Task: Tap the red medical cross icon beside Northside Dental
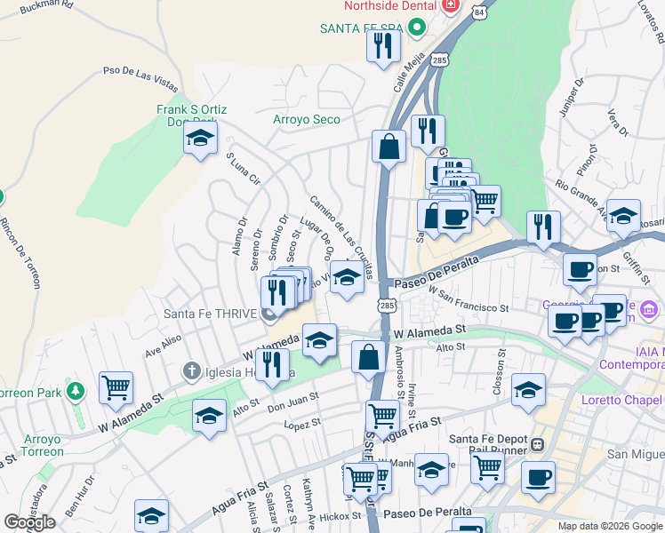click(451, 5)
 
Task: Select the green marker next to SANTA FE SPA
click(415, 28)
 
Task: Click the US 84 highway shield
click(480, 12)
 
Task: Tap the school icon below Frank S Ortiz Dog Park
click(201, 139)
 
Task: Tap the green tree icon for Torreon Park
click(76, 391)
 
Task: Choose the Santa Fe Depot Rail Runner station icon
click(537, 443)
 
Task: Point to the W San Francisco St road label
click(468, 298)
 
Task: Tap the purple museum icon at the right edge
click(650, 310)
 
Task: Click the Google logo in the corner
click(29, 522)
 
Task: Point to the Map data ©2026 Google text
click(609, 526)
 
